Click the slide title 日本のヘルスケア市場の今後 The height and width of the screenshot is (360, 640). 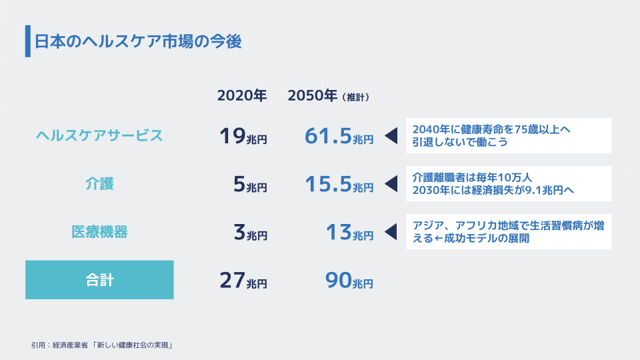(x=138, y=41)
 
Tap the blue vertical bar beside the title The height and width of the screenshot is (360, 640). (x=28, y=41)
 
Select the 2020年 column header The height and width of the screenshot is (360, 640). (x=242, y=95)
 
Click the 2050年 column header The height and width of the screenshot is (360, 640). (x=313, y=95)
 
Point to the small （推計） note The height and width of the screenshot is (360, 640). (x=355, y=97)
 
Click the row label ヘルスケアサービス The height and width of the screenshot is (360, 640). (x=99, y=135)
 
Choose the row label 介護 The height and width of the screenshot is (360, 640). (x=99, y=184)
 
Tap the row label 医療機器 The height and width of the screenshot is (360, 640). (x=99, y=232)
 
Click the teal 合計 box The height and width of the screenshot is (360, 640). (x=99, y=280)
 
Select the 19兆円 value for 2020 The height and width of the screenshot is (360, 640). (x=243, y=136)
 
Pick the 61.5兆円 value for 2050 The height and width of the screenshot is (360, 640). (x=339, y=136)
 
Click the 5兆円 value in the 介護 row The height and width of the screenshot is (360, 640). (x=250, y=184)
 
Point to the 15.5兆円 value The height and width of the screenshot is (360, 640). (x=339, y=184)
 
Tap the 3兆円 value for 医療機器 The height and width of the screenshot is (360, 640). (x=250, y=232)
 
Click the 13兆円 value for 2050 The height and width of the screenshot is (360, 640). (x=350, y=232)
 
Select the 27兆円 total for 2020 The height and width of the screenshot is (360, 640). (x=243, y=281)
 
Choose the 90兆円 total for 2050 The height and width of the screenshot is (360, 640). (x=349, y=281)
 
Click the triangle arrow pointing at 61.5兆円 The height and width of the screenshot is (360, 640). (x=391, y=135)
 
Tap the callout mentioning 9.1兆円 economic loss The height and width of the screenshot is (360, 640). (x=509, y=184)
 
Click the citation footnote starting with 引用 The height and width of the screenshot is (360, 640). (x=102, y=345)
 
